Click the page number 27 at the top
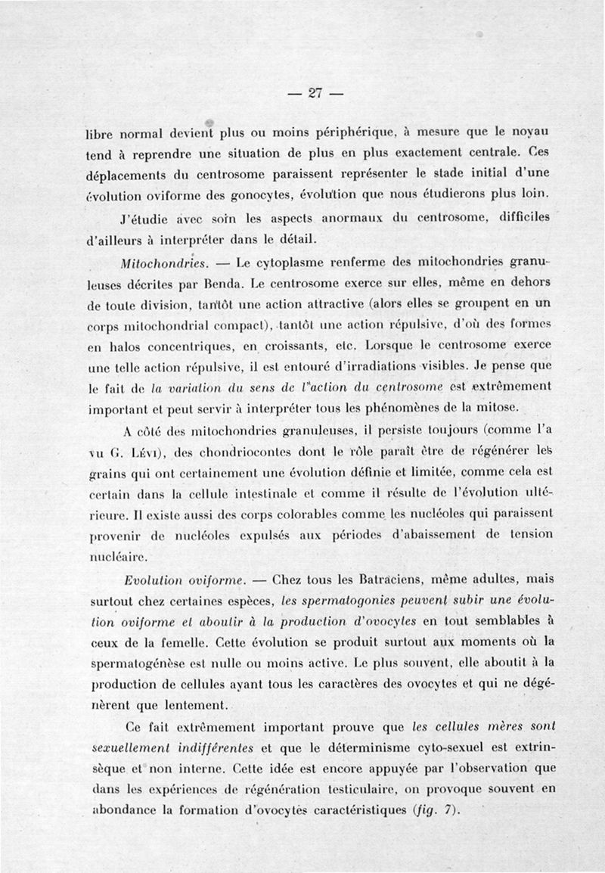315,93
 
